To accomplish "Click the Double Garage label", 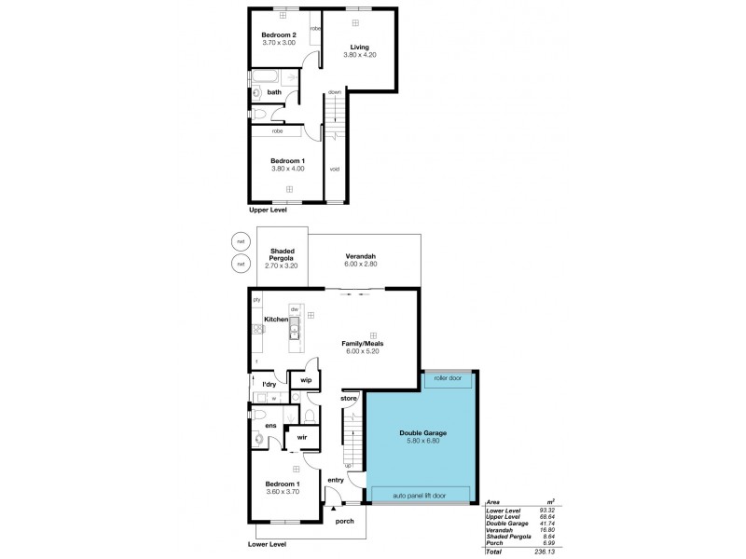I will click(423, 433).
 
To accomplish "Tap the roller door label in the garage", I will click(447, 378).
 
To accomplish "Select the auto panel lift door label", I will click(419, 495).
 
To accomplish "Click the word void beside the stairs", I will click(334, 169).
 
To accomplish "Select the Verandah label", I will click(360, 258).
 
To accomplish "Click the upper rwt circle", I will click(241, 243).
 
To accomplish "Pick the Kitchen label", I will click(276, 320).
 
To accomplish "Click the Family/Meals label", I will click(363, 343).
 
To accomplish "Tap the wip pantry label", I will click(306, 380).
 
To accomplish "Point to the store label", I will click(349, 399).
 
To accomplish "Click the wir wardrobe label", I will click(302, 436).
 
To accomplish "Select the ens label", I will click(270, 426).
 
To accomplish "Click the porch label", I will click(343, 521).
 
